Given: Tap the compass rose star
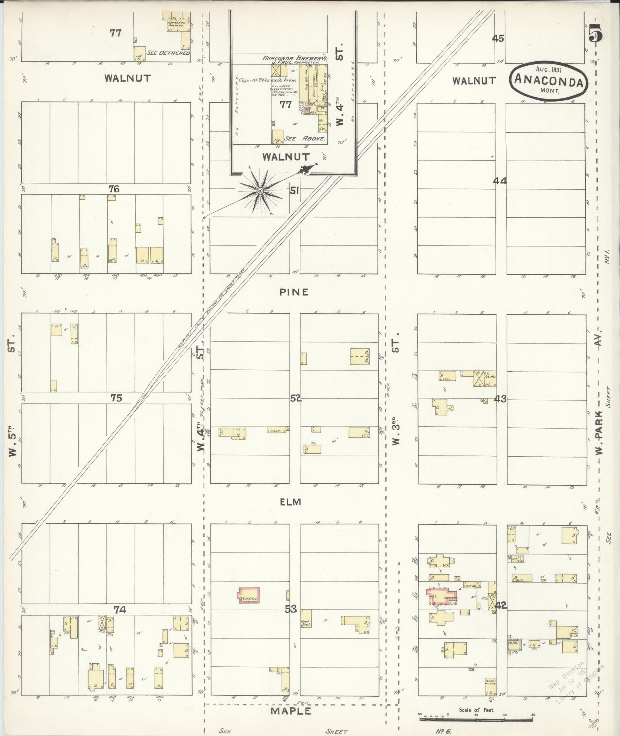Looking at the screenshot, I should tap(260, 191).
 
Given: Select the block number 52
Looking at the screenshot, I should tap(296, 399).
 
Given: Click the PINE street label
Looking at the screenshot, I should tap(294, 292).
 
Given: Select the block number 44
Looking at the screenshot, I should tap(500, 181).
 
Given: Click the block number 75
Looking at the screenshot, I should tap(116, 398).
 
